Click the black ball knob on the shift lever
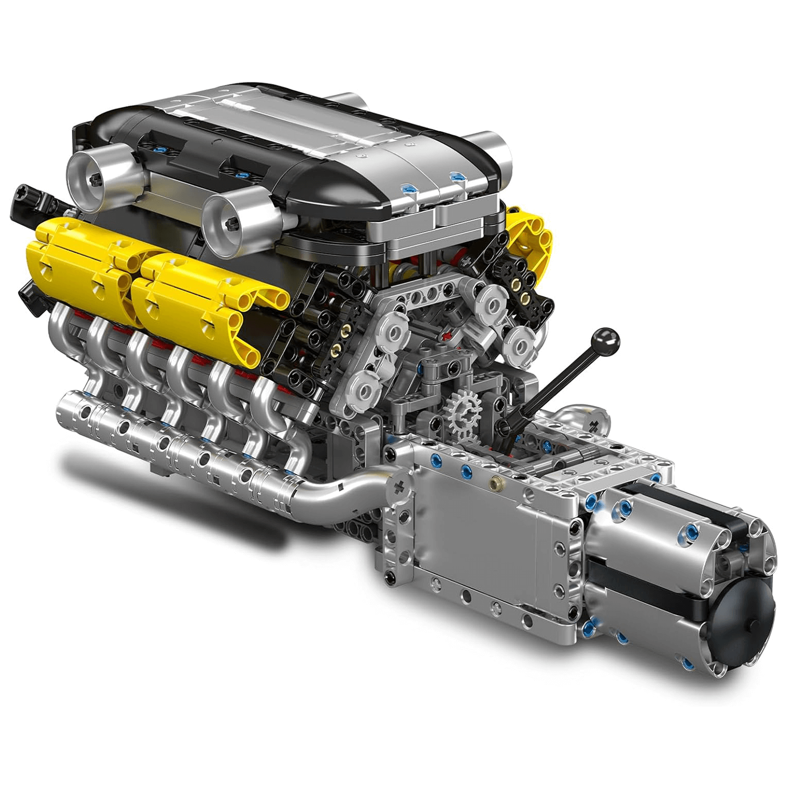tap(606, 340)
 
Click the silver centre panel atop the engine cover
tap(294, 116)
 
